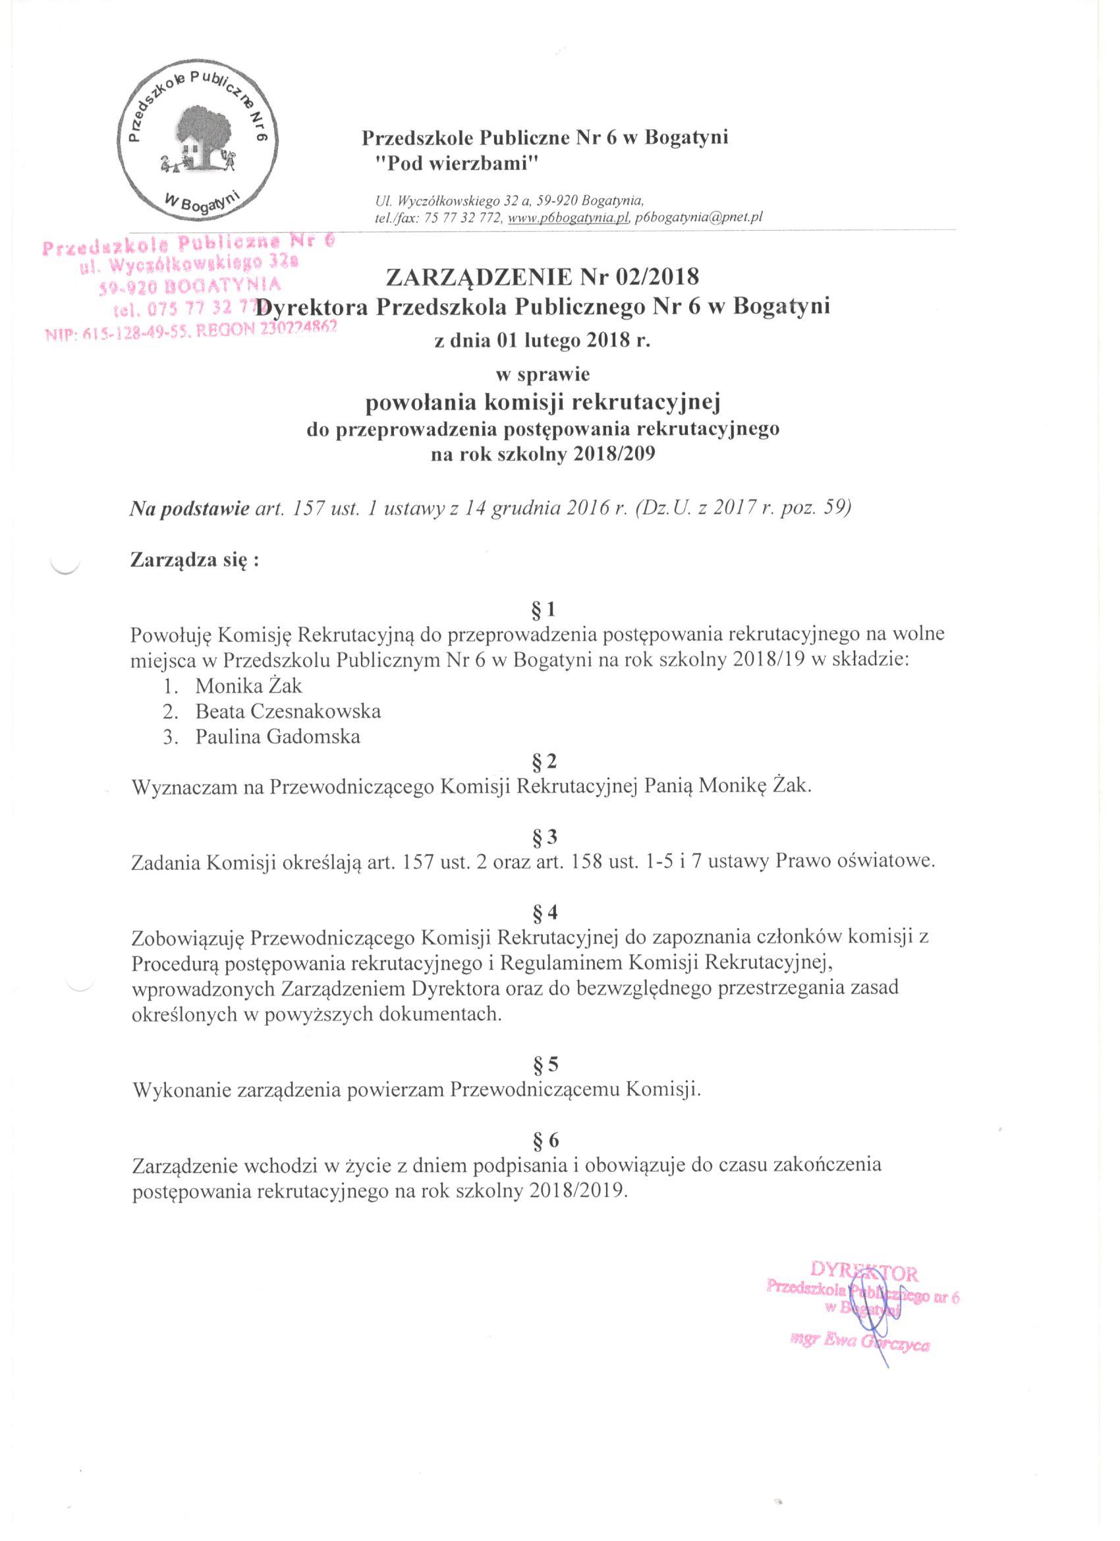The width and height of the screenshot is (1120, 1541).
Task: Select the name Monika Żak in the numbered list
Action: click(x=240, y=686)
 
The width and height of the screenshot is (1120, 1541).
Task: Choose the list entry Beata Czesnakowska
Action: click(x=288, y=711)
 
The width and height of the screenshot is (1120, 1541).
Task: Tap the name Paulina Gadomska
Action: click(x=278, y=736)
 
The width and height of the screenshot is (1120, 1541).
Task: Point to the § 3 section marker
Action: click(x=547, y=836)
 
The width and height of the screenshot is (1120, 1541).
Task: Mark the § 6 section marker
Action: click(x=547, y=1140)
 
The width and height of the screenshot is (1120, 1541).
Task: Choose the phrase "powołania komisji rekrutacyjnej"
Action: click(x=542, y=402)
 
